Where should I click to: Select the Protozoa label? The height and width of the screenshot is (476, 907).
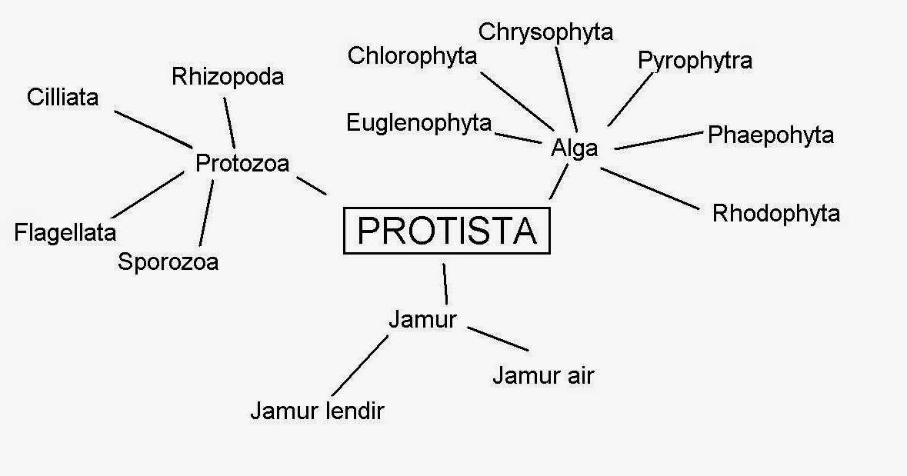click(x=242, y=164)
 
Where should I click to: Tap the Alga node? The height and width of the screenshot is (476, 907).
click(x=574, y=148)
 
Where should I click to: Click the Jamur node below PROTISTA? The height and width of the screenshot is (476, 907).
click(x=422, y=319)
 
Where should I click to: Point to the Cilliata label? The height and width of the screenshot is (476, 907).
click(x=62, y=98)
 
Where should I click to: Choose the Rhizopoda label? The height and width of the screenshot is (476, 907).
click(x=228, y=77)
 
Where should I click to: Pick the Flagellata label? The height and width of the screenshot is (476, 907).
click(x=65, y=232)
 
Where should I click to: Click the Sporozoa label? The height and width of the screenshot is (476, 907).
click(x=168, y=261)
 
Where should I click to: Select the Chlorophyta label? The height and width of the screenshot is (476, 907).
click(x=412, y=56)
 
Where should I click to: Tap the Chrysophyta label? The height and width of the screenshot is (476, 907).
click(x=545, y=32)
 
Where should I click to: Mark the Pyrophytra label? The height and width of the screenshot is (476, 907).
click(x=695, y=61)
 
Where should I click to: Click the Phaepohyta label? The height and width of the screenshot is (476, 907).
click(x=770, y=135)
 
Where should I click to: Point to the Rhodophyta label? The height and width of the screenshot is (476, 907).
click(x=775, y=213)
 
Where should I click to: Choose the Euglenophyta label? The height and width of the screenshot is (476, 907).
click(x=418, y=122)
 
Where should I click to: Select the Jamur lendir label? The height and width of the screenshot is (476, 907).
click(x=317, y=411)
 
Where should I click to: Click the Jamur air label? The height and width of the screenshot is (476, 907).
click(x=543, y=376)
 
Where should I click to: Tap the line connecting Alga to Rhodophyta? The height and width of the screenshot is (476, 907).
click(x=651, y=188)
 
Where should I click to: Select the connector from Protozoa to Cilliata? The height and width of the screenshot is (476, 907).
click(x=153, y=128)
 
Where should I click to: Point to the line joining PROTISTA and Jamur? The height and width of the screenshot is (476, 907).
click(x=445, y=284)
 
